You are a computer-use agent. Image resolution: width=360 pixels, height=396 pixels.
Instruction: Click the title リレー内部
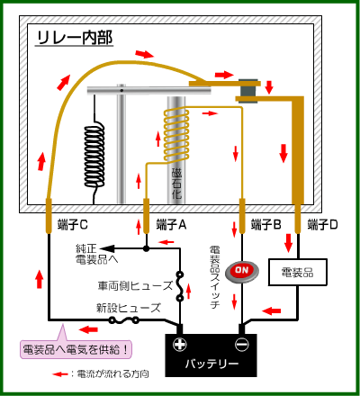pyautogui.click(x=75, y=38)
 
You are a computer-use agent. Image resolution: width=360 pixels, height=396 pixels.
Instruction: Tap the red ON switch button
pyautogui.click(x=242, y=271)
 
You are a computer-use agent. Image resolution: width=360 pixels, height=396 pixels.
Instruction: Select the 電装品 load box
pyautogui.click(x=297, y=272)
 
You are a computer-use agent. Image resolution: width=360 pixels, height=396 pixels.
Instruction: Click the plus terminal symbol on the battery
pyautogui.click(x=180, y=344)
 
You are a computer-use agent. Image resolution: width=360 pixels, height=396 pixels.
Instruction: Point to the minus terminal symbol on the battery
pyautogui.click(x=242, y=344)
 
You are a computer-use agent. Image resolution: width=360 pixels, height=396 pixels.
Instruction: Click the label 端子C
pyautogui.click(x=73, y=224)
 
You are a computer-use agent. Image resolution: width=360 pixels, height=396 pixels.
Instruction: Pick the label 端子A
pyautogui.click(x=171, y=224)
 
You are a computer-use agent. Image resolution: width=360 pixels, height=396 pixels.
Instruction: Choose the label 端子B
pyautogui.click(x=266, y=224)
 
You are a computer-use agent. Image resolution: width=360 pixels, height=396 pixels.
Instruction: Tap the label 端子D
pyautogui.click(x=322, y=224)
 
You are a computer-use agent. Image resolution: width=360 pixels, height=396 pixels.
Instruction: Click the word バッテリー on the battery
pyautogui.click(x=211, y=364)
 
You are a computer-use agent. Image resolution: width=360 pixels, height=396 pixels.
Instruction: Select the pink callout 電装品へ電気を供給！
pyautogui.click(x=76, y=349)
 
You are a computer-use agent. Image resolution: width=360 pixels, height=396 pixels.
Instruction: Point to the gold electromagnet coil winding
pyautogui.click(x=176, y=134)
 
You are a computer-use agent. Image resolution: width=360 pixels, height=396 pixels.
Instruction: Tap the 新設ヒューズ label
pyautogui.click(x=129, y=308)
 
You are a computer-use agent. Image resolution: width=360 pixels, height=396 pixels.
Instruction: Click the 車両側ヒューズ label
pyautogui.click(x=135, y=285)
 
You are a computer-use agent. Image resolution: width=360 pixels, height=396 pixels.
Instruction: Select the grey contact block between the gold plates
pyautogui.click(x=248, y=91)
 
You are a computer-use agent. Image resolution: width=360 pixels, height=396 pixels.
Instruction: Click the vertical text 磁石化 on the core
pyautogui.click(x=176, y=184)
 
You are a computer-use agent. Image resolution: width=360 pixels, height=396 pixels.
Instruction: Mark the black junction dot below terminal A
pyautogui.click(x=146, y=248)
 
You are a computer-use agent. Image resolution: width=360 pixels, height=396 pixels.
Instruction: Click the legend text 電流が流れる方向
pyautogui.click(x=112, y=373)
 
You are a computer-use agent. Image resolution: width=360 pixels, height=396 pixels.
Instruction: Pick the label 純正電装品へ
pyautogui.click(x=96, y=254)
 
